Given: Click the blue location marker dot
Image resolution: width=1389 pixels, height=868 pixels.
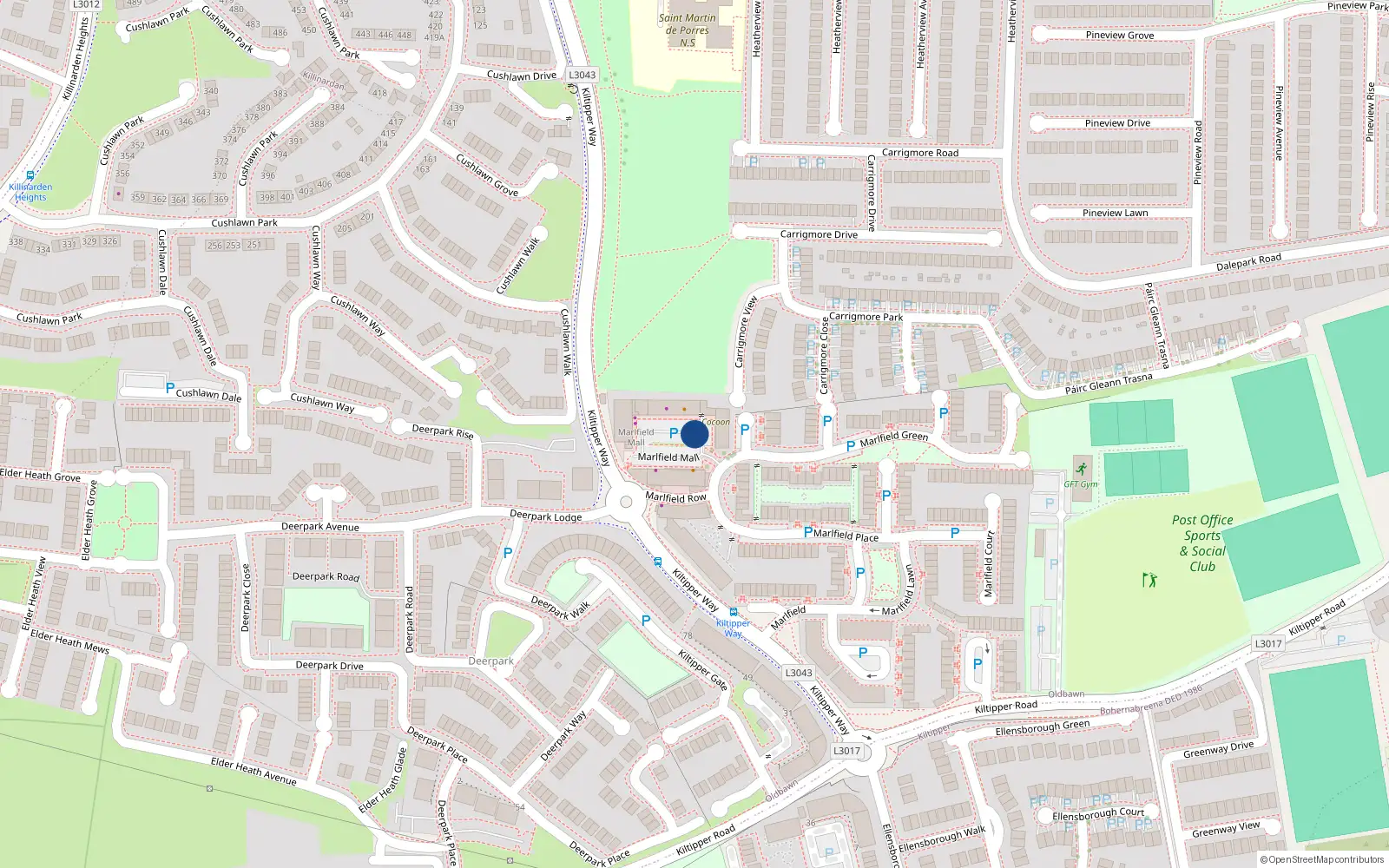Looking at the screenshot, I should pos(694,434).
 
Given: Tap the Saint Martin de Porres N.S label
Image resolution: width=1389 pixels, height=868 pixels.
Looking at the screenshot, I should pos(687,30).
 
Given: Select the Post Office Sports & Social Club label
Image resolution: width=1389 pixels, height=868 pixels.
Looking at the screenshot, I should pos(1202,543).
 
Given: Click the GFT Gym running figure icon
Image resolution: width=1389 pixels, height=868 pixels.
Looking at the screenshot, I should pos(1081,470).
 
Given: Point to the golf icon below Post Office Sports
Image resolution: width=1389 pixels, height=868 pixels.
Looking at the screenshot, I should pos(1150,579).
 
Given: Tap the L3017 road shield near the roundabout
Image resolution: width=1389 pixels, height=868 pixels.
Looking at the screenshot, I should pos(846,751).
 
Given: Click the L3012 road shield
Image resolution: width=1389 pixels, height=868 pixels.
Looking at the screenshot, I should pos(86,4).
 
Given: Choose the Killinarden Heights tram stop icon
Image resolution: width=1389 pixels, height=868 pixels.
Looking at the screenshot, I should pos(30,175).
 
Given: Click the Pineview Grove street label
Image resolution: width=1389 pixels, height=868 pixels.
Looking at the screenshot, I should pos(1119,36).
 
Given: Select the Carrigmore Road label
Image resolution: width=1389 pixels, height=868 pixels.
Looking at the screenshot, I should pos(919,153).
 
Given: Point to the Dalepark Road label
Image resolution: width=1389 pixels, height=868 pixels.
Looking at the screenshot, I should pos(1248,262).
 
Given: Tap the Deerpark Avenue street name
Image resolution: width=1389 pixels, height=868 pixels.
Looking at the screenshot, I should pos(319,527).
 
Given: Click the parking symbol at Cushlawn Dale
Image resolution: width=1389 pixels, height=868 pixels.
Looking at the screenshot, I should pos(170,389).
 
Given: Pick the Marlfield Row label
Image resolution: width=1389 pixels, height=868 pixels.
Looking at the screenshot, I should pos(675,497).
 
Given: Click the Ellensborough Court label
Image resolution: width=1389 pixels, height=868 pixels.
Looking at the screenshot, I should pos(1098,814).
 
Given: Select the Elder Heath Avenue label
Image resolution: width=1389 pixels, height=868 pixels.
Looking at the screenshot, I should pos(253,771).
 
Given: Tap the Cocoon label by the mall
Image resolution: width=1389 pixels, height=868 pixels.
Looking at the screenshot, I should pos(715,423).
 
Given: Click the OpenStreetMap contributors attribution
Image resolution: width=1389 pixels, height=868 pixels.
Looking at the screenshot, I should pos(1321,860).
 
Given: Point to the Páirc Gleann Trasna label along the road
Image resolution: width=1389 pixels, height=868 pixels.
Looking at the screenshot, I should pos(1109,384).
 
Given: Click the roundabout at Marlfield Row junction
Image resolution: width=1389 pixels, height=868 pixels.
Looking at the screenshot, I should pos(626,502).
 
